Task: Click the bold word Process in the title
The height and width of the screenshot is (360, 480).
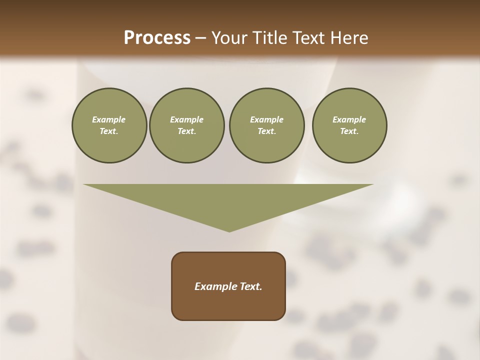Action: tap(157, 38)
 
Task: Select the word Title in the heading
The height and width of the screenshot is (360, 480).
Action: tap(271, 38)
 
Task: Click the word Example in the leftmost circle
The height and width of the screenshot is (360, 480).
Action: tap(109, 119)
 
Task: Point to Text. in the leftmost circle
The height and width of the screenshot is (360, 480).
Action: tap(109, 131)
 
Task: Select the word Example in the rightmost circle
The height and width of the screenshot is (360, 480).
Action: tap(349, 119)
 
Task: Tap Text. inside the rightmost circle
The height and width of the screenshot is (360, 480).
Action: tap(349, 131)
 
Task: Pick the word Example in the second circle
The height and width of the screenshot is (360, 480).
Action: tap(187, 119)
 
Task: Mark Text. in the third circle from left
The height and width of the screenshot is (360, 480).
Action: tap(266, 131)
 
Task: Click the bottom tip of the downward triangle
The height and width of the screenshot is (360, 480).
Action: tap(229, 231)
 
